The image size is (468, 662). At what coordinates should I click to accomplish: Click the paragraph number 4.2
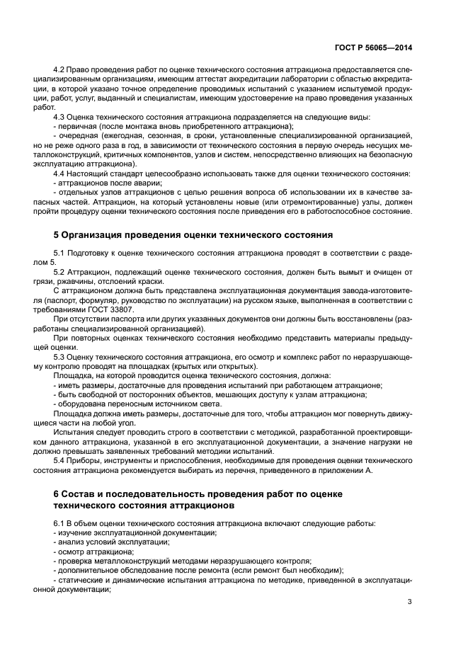pyautogui.click(x=61, y=72)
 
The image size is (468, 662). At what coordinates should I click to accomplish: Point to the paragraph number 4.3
pyautogui.click(x=61, y=117)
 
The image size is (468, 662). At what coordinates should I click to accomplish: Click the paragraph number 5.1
pyautogui.click(x=61, y=253)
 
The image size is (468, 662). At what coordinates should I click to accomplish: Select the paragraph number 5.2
pyautogui.click(x=61, y=273)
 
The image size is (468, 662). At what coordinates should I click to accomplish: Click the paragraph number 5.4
pyautogui.click(x=61, y=460)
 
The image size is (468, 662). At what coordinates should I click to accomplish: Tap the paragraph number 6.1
pyautogui.click(x=61, y=523)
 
